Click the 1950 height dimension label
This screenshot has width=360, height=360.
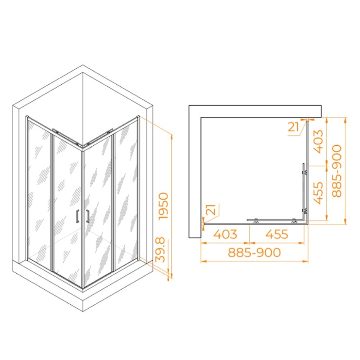164,206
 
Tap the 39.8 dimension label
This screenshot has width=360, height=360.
160,250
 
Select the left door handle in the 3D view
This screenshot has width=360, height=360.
77,216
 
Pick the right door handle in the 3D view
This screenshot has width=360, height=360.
88,216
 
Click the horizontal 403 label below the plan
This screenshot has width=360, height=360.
225,234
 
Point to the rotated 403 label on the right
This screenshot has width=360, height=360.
318,141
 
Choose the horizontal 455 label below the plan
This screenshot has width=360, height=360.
277,234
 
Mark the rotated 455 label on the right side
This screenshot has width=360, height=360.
318,193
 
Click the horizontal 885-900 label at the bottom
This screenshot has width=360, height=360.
254,252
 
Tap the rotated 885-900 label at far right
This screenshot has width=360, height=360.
337,171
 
